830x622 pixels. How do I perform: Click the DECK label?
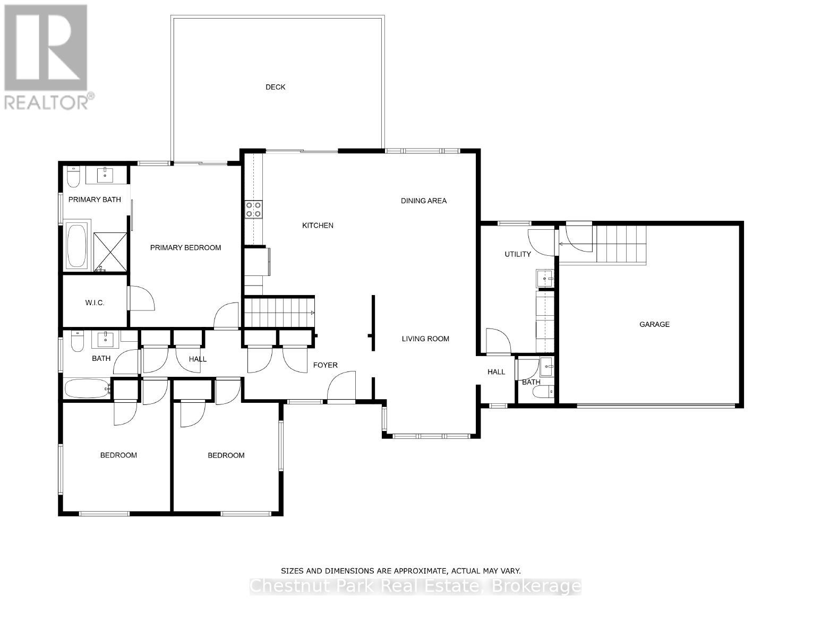(x=275, y=87)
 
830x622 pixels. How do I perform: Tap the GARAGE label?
(x=654, y=324)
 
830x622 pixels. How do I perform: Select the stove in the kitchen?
(x=253, y=209)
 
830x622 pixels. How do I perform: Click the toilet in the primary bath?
(x=73, y=177)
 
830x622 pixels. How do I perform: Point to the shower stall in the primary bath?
(x=110, y=252)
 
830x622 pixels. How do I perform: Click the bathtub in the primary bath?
(x=77, y=247)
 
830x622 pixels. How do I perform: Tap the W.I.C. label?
(x=95, y=303)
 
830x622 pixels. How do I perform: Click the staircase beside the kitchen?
(x=279, y=313)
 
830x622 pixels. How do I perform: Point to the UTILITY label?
(x=517, y=254)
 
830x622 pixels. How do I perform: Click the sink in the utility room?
(x=545, y=278)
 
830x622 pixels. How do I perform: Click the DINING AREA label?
(x=423, y=201)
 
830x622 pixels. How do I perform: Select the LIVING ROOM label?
(x=425, y=339)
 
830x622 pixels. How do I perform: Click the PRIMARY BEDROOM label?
(x=185, y=248)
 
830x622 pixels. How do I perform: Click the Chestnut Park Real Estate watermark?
(x=415, y=586)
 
